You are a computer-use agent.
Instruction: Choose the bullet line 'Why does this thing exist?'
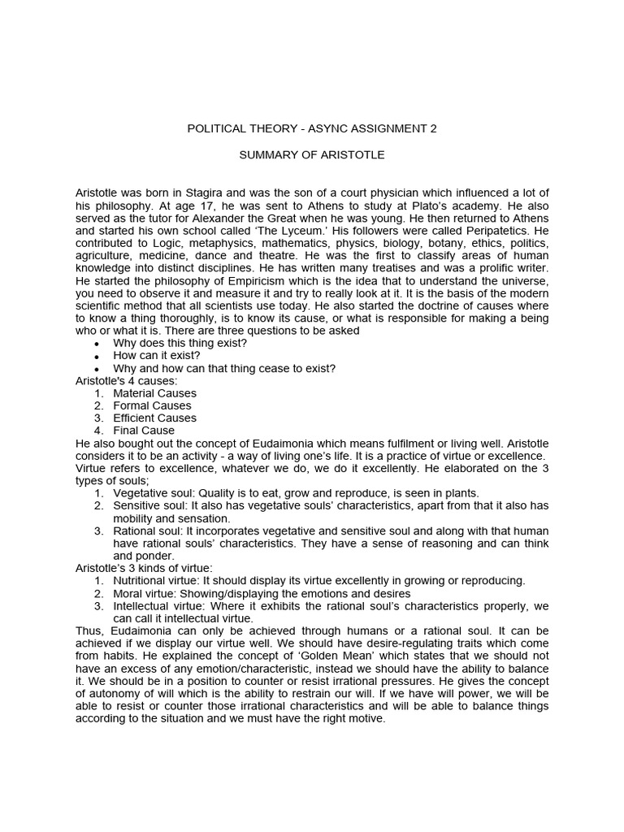[180, 343]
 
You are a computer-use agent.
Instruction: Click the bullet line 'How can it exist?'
[156, 356]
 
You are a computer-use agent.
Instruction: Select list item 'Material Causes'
[154, 393]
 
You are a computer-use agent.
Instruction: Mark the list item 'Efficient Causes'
[154, 418]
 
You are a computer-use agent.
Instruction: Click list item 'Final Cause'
[144, 431]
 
